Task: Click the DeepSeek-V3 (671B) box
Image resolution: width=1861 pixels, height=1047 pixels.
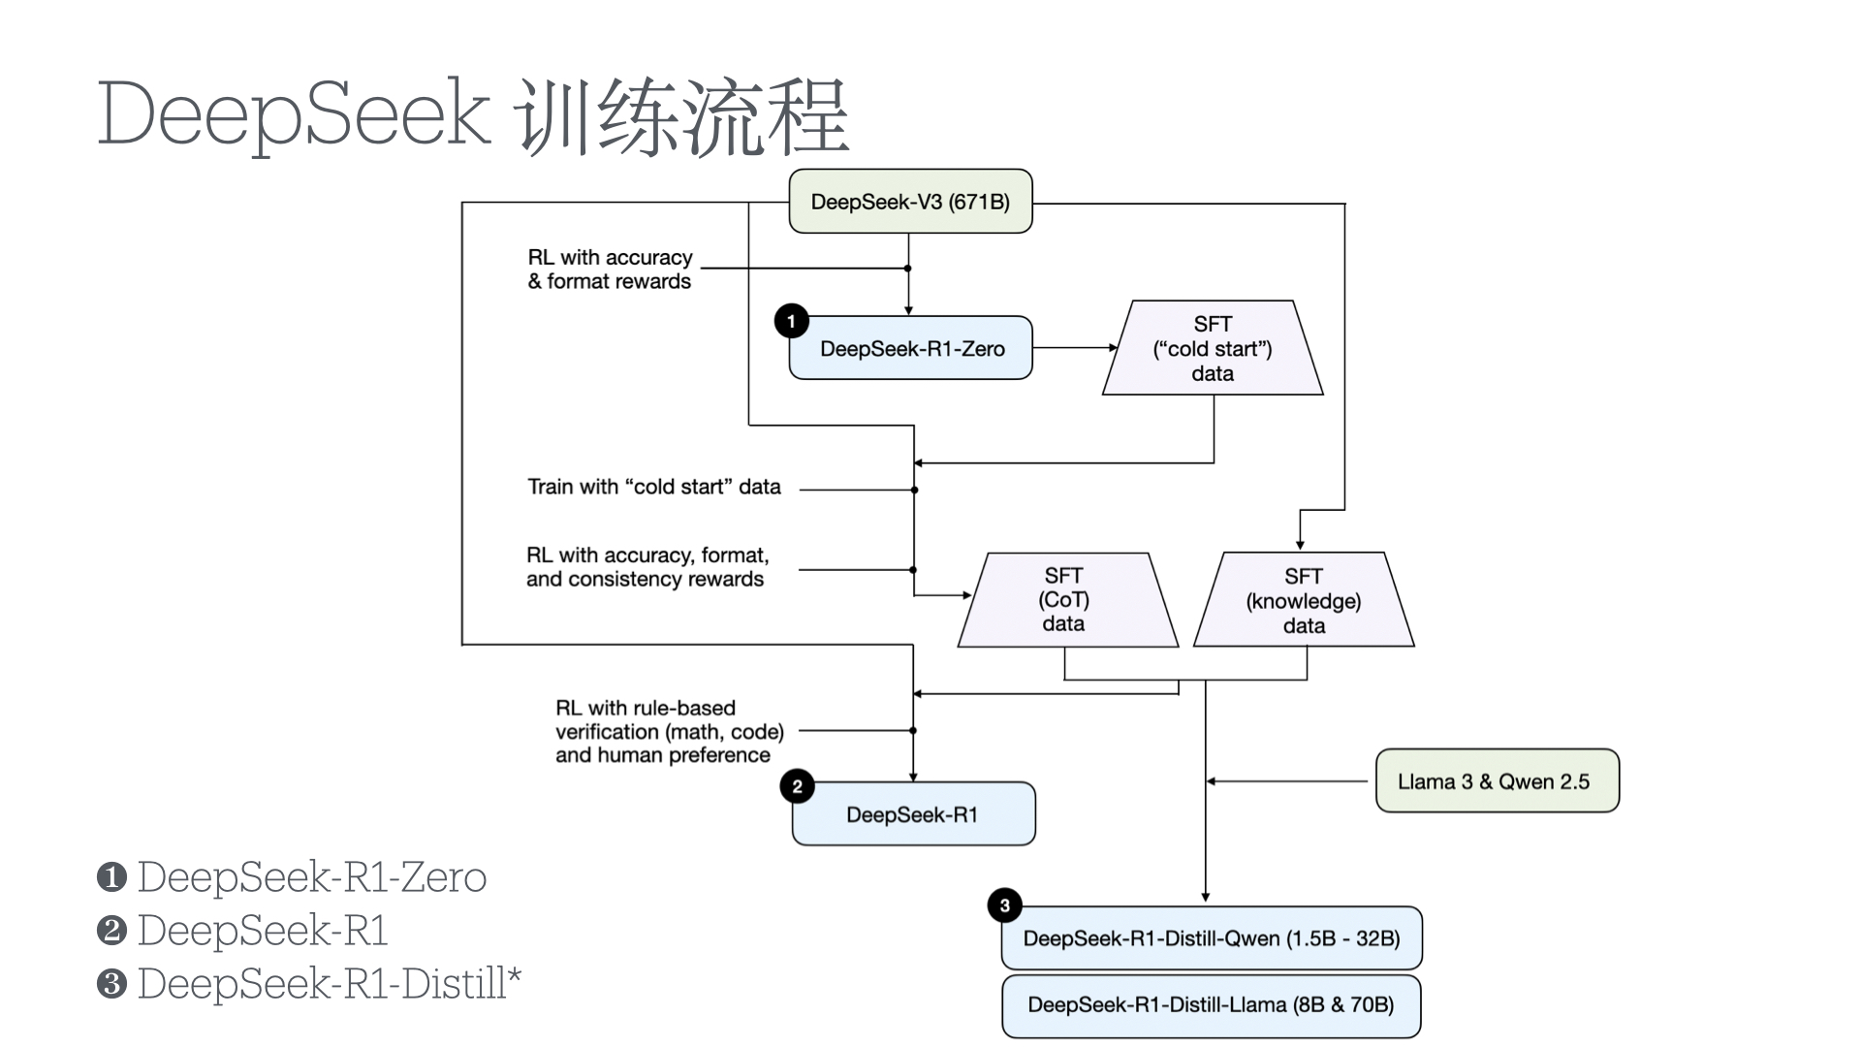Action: click(910, 202)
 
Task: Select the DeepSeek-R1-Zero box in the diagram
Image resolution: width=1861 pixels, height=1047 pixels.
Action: click(911, 348)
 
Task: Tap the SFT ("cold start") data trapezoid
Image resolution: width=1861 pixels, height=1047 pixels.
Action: click(1213, 348)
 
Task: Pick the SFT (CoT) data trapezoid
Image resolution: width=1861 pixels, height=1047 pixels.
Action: click(1065, 600)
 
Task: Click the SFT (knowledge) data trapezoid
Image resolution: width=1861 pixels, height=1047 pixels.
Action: click(1304, 600)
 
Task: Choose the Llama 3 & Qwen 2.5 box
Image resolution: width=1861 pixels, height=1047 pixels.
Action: click(1497, 780)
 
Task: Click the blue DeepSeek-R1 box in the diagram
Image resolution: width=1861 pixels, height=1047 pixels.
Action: click(913, 814)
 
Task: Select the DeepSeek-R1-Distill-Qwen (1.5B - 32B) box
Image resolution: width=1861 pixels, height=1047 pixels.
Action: click(1212, 938)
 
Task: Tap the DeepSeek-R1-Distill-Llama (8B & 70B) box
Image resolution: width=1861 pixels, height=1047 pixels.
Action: click(1212, 1005)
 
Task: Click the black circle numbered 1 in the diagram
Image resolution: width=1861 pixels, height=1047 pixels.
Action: click(792, 321)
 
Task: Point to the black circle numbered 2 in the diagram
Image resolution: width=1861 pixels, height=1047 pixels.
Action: click(797, 786)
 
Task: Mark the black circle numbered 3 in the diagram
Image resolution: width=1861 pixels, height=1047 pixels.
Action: click(1005, 905)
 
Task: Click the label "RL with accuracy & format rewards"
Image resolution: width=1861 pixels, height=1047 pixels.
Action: click(610, 270)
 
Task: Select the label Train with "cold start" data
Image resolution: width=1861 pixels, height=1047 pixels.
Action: click(654, 487)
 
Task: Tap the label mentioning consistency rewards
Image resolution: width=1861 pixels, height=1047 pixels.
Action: click(647, 567)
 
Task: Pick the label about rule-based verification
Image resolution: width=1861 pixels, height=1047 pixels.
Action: click(669, 732)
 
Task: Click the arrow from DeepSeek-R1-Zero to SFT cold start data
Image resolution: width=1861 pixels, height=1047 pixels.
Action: click(1074, 347)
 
